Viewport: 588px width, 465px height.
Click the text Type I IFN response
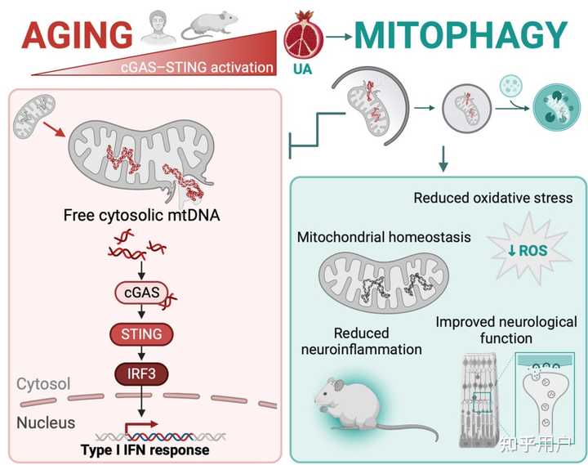145,450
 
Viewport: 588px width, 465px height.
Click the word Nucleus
47,423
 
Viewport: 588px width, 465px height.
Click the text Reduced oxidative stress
493,198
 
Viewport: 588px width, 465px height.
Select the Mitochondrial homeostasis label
384,239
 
